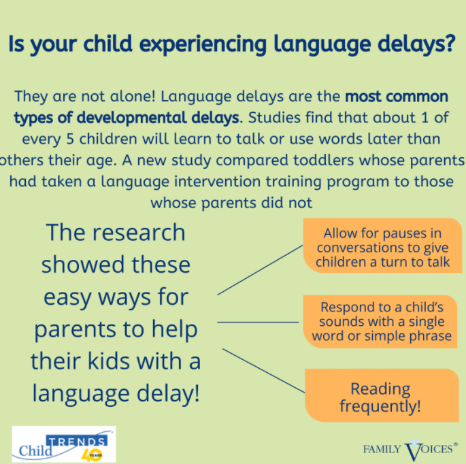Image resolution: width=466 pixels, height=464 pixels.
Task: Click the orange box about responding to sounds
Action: (382, 322)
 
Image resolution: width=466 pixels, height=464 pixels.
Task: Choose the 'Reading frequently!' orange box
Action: (381, 397)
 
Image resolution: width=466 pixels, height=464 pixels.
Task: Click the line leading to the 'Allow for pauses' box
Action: (260, 269)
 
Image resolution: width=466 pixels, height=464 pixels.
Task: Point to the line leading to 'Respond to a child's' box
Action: (258, 322)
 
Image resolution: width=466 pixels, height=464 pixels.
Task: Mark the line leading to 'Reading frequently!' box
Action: (263, 371)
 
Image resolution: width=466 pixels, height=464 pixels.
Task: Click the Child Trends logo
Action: (64, 444)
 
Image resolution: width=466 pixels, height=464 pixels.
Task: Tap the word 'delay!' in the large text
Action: (168, 393)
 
